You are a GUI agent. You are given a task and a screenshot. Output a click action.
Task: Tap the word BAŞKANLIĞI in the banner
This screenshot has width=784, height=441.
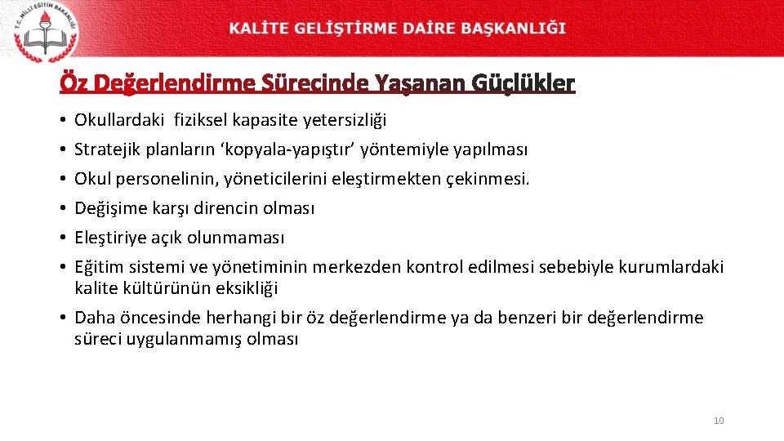[514, 28]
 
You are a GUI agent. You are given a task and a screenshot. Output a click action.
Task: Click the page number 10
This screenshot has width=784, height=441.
[719, 421]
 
